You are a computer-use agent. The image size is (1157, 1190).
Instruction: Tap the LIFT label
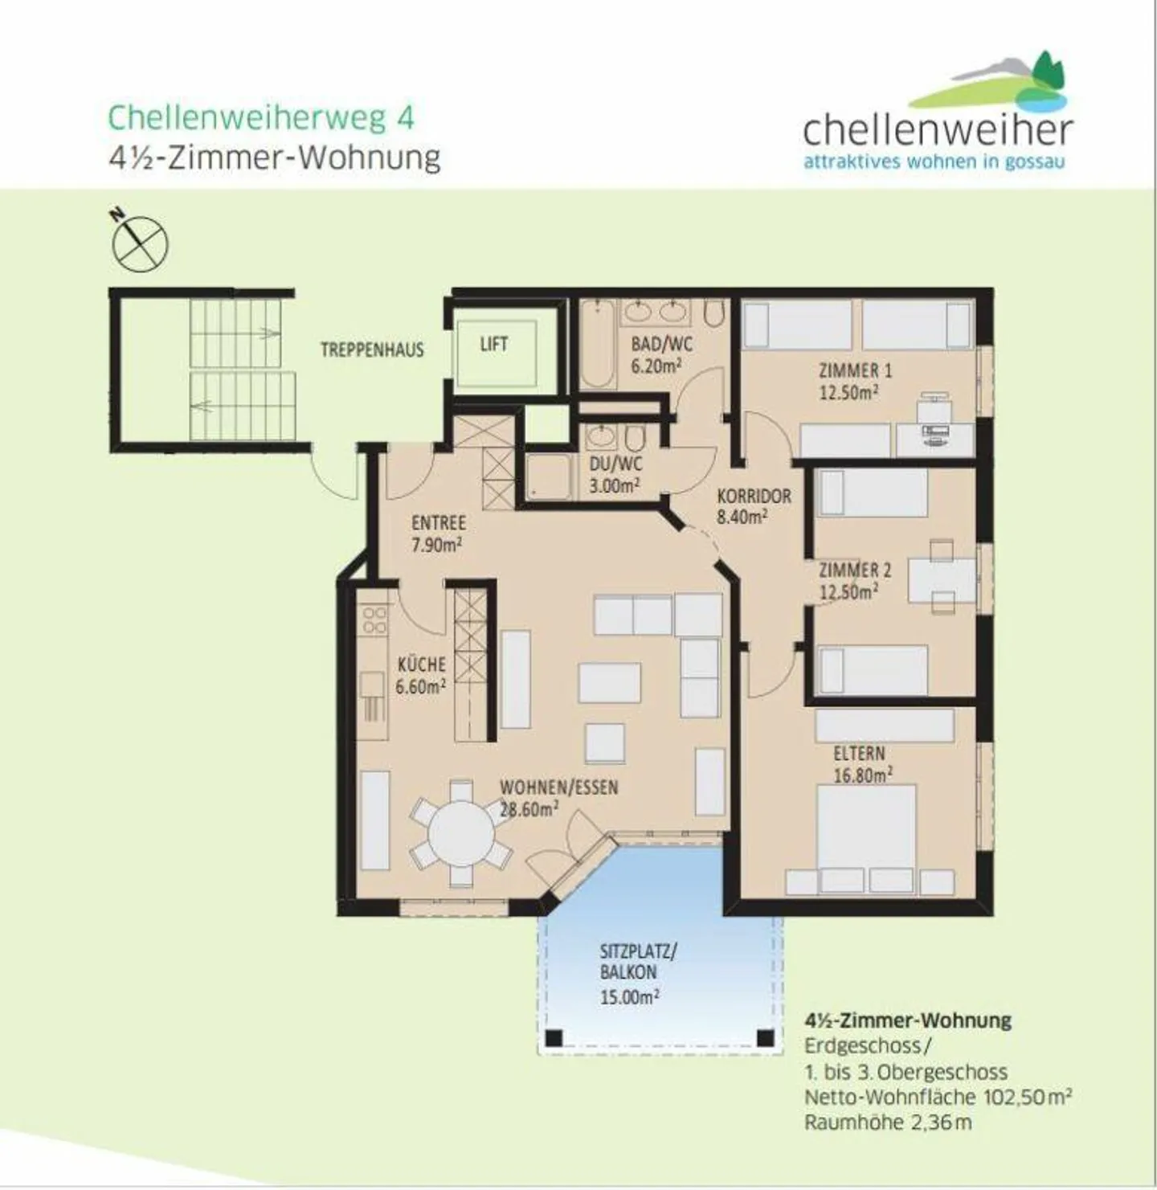click(493, 344)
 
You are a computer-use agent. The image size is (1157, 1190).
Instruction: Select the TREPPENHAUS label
click(372, 350)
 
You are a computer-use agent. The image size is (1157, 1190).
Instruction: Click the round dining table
click(461, 833)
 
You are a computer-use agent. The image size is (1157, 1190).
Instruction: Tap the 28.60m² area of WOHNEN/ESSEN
click(529, 810)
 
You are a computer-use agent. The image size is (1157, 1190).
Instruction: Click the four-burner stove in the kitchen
click(375, 620)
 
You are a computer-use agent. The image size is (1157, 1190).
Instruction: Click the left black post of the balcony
click(554, 1037)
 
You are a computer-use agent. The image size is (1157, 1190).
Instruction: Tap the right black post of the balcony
click(765, 1037)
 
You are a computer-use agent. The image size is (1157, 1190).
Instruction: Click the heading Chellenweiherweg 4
click(261, 117)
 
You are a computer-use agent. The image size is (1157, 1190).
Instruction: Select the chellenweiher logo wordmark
click(938, 130)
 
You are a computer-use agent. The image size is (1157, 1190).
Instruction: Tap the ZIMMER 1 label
click(855, 370)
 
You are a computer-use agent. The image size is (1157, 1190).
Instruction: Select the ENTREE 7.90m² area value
click(436, 544)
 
